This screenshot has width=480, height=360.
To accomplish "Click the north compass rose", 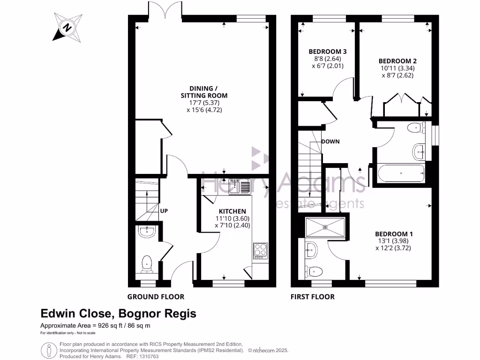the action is tap(67, 27).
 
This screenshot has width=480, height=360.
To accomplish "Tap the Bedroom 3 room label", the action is tap(328, 52).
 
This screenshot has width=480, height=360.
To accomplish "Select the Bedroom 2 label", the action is tap(397, 61).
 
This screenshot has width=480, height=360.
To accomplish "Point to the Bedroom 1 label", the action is tap(394, 234).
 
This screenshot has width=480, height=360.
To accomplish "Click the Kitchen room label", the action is tap(232, 211).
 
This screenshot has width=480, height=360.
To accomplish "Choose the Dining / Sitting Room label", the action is tap(204, 92).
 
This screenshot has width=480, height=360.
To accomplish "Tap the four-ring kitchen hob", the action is tap(260, 251).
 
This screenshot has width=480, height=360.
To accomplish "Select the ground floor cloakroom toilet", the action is tap(147, 264).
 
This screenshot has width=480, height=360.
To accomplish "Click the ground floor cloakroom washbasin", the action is tap(147, 232).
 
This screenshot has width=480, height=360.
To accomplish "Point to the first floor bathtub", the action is tap(401, 173).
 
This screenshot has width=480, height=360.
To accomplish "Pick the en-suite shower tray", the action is tap(325, 227).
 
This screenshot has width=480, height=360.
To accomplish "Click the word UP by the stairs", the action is tap(164, 211).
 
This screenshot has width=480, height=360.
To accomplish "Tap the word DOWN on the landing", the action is tap(330, 142).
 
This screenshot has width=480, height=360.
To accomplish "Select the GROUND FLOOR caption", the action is tap(156, 297).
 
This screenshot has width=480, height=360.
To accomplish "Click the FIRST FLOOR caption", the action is tap(313, 297).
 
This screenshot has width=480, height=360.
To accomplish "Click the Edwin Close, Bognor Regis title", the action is tap(119, 314).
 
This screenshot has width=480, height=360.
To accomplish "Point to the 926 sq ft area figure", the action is tap(109, 326).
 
